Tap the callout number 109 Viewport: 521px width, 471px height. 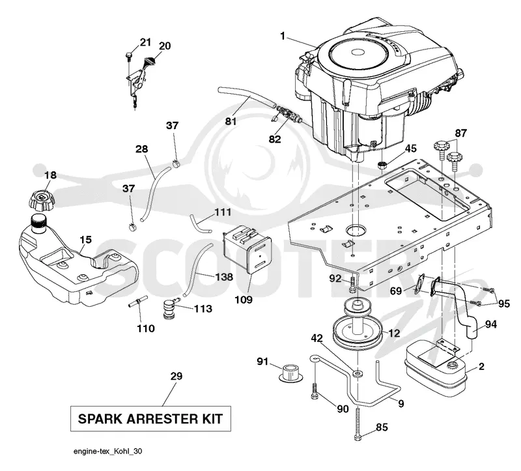coord(244,300)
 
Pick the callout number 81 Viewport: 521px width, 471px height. coord(231,121)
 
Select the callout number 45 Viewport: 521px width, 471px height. coord(411,149)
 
